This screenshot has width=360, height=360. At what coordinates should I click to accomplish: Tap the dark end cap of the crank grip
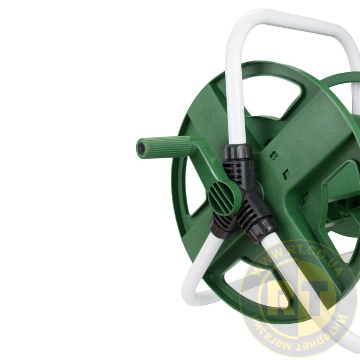tap(141, 149)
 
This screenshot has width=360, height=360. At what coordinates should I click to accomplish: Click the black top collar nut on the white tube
tap(238, 152)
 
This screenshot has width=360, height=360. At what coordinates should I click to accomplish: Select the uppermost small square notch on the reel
tap(273, 155)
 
